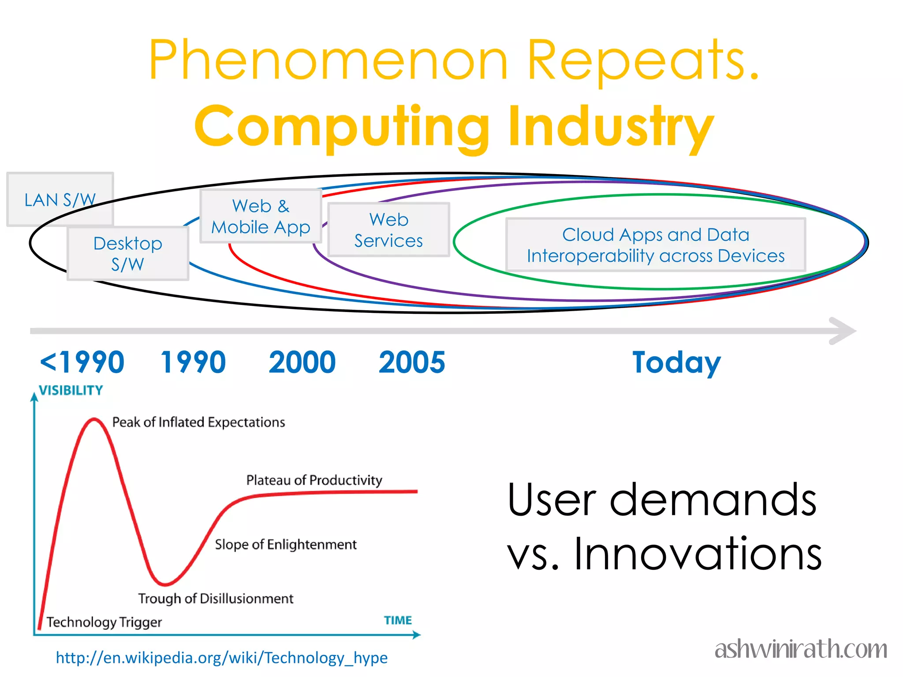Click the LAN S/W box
coord(60,200)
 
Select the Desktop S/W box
coord(128,253)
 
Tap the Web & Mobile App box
coord(261,216)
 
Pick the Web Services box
coord(388,230)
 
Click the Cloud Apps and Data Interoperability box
coord(656,245)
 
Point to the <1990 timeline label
coord(82,362)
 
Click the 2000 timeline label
coord(302,362)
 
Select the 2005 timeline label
coord(412,362)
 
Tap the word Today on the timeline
coord(676,362)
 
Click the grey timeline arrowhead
coord(843,331)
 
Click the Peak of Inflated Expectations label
coord(198,422)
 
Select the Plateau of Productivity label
coord(314,480)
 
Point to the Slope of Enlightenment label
coord(286,544)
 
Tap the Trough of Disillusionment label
coord(216,599)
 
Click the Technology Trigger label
coord(104,622)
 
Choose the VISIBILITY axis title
coord(71,391)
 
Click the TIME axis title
coord(398,620)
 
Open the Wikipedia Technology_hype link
coord(222,658)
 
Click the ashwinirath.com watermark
coord(801,649)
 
